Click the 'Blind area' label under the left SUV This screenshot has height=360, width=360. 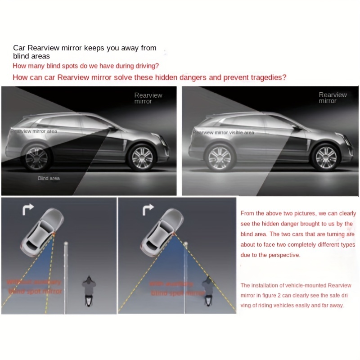tap(49, 178)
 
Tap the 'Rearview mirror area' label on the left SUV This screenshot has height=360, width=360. tap(34, 131)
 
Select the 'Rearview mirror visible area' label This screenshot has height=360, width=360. tap(224, 132)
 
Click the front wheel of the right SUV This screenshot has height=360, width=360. tap(325, 156)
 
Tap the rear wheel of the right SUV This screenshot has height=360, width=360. tap(220, 157)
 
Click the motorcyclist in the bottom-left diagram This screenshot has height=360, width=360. tap(88, 292)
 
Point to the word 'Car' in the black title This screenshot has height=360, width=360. tap(19, 48)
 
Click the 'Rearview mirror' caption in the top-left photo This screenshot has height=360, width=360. tap(148, 98)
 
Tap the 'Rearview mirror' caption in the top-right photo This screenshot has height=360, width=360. tap(333, 98)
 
